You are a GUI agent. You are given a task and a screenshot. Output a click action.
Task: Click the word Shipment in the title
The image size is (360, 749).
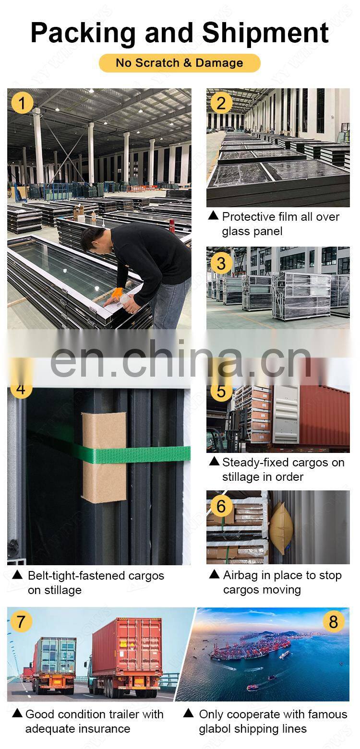(x=265, y=33)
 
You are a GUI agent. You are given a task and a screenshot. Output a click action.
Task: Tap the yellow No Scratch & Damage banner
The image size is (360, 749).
(x=180, y=63)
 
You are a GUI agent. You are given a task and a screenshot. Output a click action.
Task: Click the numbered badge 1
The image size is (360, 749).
(x=22, y=103)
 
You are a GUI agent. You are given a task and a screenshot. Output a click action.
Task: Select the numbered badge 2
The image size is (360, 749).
(x=221, y=103)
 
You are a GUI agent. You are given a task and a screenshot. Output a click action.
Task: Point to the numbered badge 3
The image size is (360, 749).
(x=221, y=263)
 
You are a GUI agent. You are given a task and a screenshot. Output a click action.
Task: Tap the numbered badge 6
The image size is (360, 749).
(x=221, y=506)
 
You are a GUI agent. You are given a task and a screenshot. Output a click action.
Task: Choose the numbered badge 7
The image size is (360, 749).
(x=21, y=621)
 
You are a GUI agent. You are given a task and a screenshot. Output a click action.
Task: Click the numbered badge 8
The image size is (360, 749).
(x=333, y=621)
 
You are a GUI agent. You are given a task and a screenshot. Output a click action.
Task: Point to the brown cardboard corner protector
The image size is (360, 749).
(x=104, y=457)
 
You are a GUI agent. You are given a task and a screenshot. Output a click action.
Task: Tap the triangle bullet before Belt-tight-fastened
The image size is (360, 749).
(x=17, y=575)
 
